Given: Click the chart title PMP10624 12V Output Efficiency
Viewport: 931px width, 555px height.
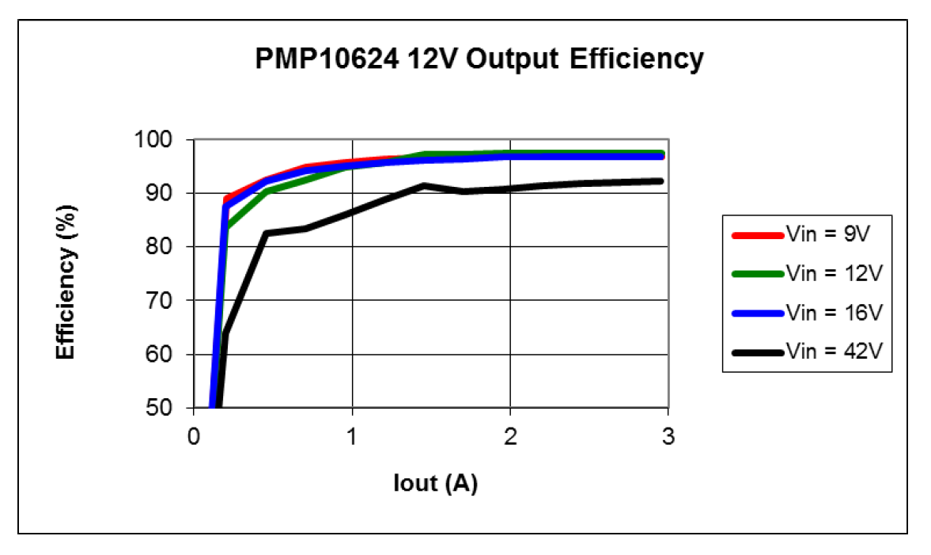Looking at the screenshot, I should tap(479, 59).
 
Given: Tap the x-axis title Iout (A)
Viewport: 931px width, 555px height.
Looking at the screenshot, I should tap(435, 483).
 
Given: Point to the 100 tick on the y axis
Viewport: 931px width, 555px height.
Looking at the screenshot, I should tap(168, 140).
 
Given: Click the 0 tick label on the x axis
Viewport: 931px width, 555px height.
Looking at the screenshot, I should tap(193, 436).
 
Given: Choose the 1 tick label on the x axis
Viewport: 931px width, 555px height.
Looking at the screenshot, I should tap(351, 436).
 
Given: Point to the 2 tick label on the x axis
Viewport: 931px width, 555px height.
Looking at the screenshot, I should tap(510, 436).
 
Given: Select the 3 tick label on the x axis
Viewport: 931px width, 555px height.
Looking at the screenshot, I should tap(668, 436).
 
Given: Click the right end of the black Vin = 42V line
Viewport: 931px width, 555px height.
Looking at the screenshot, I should tap(660, 181).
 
